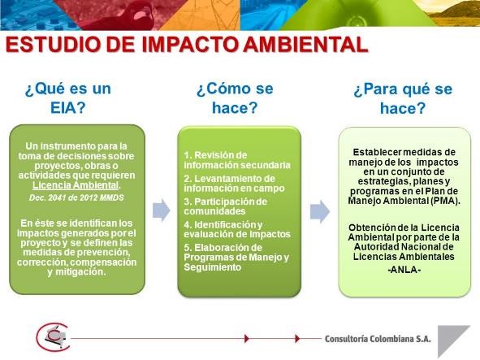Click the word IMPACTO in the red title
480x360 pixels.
[x=190, y=45]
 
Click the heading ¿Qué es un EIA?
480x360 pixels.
[x=68, y=98]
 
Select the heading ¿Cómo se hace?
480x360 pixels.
[x=235, y=98]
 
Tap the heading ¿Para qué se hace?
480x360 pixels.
[x=403, y=98]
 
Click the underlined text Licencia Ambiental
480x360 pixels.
[x=76, y=185]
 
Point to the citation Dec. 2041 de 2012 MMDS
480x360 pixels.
[x=76, y=197]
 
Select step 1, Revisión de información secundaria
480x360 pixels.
[x=237, y=160]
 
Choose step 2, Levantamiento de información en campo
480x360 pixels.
[x=234, y=183]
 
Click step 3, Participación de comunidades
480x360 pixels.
[x=225, y=206]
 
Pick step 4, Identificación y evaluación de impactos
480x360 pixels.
[x=237, y=229]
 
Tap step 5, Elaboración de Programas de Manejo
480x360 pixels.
[x=236, y=258]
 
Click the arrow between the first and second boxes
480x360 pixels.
[x=162, y=210]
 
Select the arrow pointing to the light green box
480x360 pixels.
[x=320, y=211]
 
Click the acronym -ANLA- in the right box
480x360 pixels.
[x=404, y=270]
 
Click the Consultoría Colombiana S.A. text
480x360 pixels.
[x=378, y=339]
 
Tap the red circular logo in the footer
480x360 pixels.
[x=52, y=337]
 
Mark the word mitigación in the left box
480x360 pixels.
[x=80, y=272]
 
